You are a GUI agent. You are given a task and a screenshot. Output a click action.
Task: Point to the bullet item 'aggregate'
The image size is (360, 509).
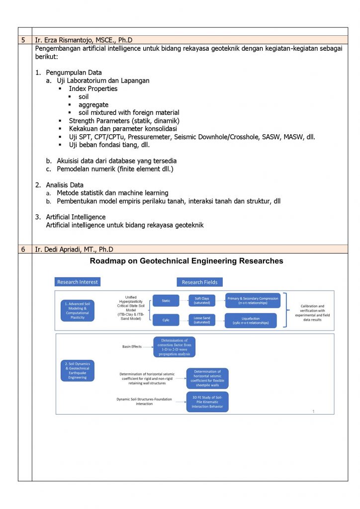(93, 105)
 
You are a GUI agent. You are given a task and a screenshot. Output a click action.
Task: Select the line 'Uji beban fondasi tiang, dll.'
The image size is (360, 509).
(109, 145)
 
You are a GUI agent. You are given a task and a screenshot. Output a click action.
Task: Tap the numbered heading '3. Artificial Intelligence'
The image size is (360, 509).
(76, 217)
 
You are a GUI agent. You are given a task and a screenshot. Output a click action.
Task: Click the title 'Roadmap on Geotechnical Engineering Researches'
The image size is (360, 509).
(186, 261)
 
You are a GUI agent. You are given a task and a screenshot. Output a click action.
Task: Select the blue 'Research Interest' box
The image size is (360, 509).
(78, 282)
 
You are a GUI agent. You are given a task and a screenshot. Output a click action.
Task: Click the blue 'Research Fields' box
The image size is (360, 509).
(199, 282)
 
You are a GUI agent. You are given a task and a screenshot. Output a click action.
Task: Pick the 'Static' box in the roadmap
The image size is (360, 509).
(166, 300)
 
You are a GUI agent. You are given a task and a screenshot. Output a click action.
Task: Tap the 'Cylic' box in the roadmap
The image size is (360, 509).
(166, 320)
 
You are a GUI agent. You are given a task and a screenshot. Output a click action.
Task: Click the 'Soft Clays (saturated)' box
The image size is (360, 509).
(202, 300)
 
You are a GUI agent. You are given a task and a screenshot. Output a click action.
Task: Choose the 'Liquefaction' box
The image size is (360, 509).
(251, 320)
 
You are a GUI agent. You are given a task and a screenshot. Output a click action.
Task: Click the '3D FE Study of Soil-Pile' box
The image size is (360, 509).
(207, 402)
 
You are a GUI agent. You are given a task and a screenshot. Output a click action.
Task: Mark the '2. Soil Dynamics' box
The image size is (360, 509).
(77, 370)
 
